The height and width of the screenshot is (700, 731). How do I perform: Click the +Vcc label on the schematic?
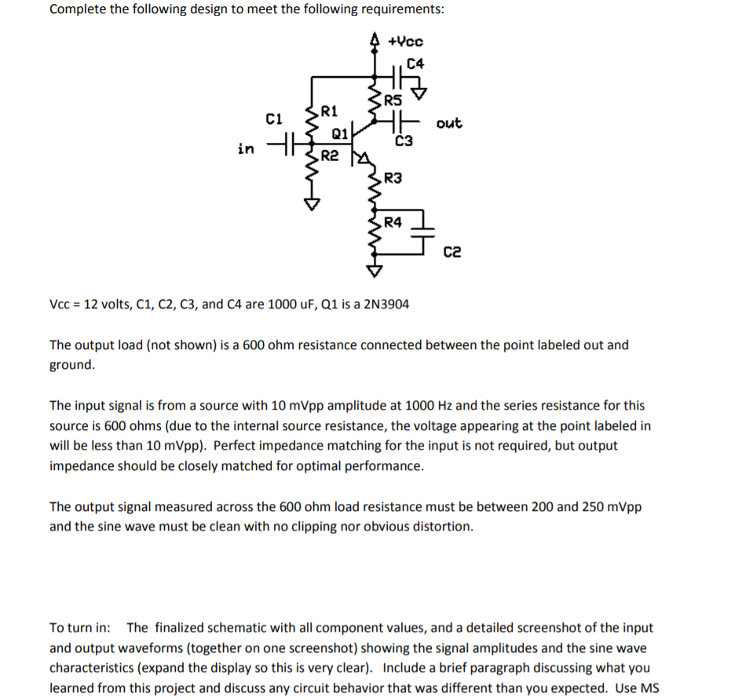click(x=405, y=40)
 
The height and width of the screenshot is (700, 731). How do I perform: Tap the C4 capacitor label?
click(x=415, y=62)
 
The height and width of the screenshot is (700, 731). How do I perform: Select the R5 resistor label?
click(x=392, y=100)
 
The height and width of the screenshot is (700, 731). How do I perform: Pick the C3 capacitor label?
click(x=404, y=141)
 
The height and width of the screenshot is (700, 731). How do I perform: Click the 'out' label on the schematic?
click(x=449, y=123)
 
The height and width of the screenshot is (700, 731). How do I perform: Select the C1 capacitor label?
click(x=274, y=119)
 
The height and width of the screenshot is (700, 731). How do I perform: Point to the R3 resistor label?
click(x=393, y=179)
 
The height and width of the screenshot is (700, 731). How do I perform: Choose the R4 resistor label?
click(x=393, y=222)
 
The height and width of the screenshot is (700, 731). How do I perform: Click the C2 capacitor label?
click(x=452, y=252)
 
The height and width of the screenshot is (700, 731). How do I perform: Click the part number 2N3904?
click(x=383, y=304)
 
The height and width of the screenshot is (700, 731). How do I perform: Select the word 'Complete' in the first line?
click(x=76, y=9)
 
